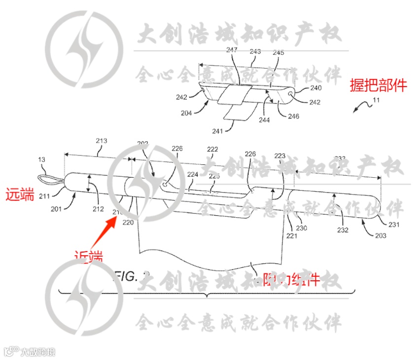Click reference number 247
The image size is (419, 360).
click(x=232, y=50)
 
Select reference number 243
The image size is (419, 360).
click(x=255, y=51)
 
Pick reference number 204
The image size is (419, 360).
click(x=186, y=112)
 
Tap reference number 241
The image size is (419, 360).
click(x=218, y=131)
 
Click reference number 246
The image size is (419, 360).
click(x=293, y=117)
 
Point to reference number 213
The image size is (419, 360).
click(x=101, y=141)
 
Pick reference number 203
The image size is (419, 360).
click(x=381, y=236)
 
